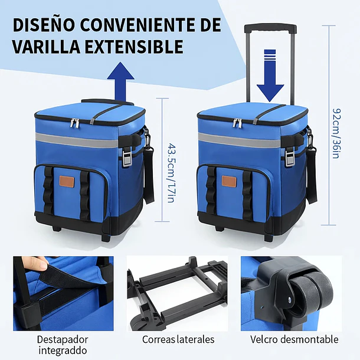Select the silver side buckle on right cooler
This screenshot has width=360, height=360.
point(290,156)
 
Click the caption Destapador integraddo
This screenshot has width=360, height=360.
point(63,345)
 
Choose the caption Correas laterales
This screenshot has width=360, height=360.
point(178,339)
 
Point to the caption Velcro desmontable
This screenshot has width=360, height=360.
point(294,339)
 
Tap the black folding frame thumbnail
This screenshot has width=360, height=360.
point(177,292)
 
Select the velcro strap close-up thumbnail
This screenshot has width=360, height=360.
point(63,292)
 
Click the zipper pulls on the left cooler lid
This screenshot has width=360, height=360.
point(76,122)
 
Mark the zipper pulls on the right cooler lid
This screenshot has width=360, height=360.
point(237,122)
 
